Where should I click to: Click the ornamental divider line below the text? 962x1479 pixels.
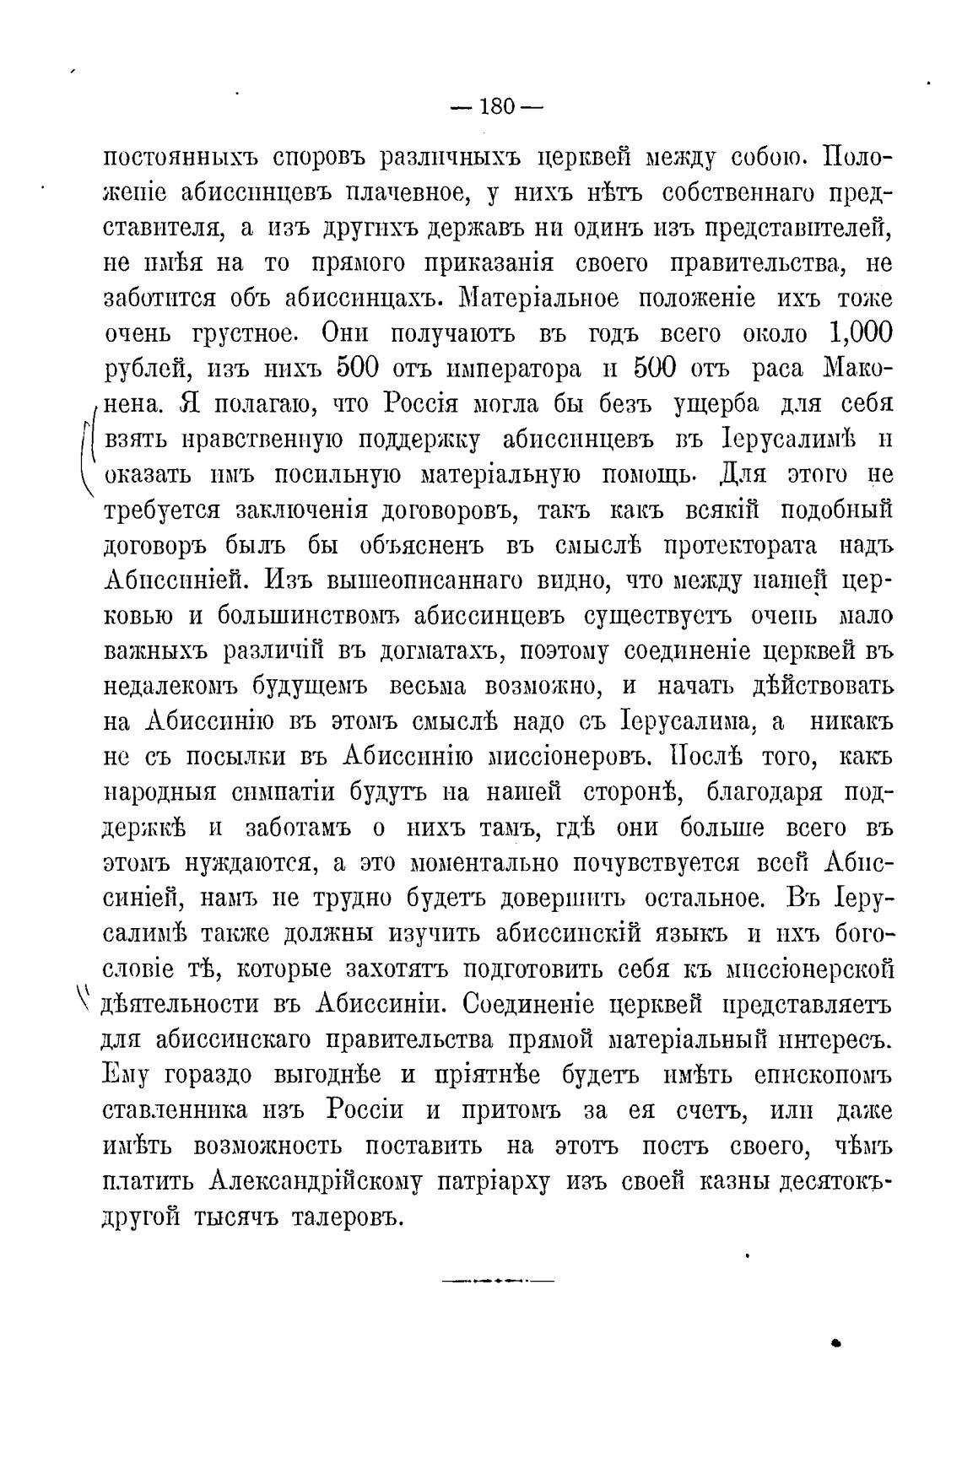point(496,1282)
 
